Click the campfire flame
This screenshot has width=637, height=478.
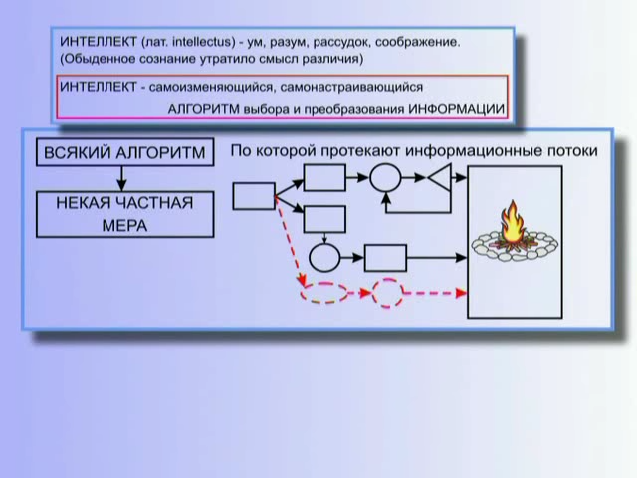(x=512, y=223)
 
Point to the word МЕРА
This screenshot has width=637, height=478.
(x=124, y=226)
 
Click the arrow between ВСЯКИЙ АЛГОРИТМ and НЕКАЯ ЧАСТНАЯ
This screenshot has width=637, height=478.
(x=121, y=179)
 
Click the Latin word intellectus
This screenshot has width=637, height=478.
(x=203, y=42)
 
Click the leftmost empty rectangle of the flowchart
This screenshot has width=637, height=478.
(x=254, y=196)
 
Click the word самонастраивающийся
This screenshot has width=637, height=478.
(x=351, y=87)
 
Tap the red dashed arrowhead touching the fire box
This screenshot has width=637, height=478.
(x=462, y=292)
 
